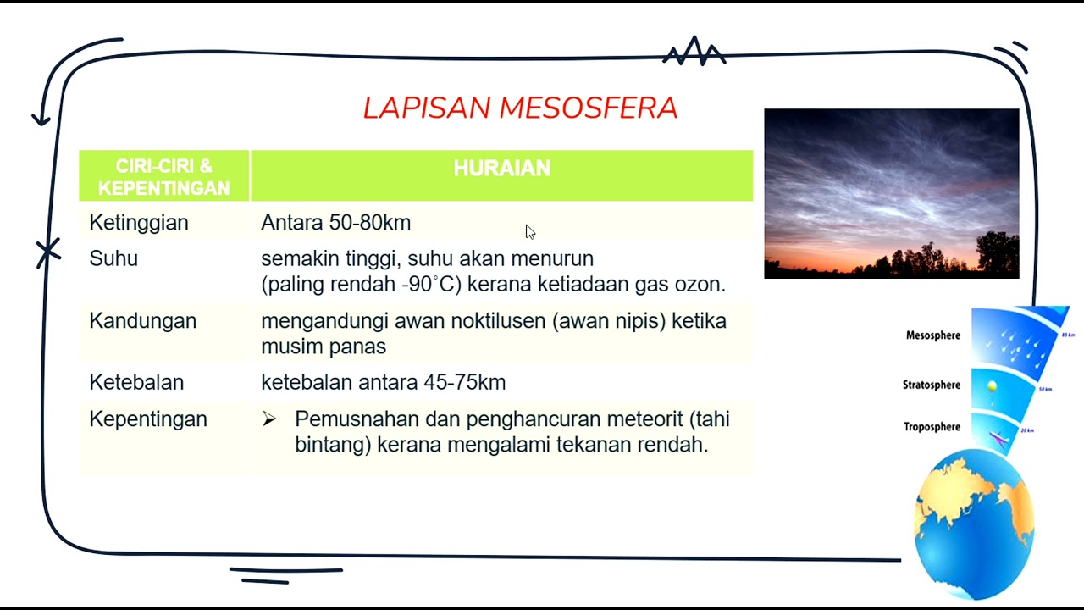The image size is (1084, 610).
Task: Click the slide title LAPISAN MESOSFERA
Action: pyautogui.click(x=520, y=108)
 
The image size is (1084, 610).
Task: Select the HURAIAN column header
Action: pyautogui.click(x=501, y=169)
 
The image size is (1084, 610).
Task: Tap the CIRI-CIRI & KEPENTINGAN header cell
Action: pyautogui.click(x=164, y=177)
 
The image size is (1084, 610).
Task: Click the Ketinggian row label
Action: pyautogui.click(x=139, y=223)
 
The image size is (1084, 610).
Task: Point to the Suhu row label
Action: pyautogui.click(x=113, y=258)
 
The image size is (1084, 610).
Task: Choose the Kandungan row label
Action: pyautogui.click(x=142, y=321)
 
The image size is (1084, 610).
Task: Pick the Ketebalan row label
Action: pyautogui.click(x=136, y=382)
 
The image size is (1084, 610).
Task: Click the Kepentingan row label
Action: pyautogui.click(x=148, y=419)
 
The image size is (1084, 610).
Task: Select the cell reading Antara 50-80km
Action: pyautogui.click(x=335, y=223)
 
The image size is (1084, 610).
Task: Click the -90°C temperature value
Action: pyautogui.click(x=431, y=285)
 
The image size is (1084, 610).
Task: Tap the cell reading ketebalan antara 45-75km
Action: pyautogui.click(x=383, y=382)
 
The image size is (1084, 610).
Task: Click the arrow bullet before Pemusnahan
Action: pyautogui.click(x=269, y=419)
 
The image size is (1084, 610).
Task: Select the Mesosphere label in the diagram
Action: pyautogui.click(x=932, y=335)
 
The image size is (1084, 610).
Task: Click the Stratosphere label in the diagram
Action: pyautogui.click(x=931, y=385)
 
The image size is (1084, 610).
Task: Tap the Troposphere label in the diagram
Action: pyautogui.click(x=932, y=427)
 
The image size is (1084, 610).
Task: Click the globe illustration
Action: pyautogui.click(x=974, y=521)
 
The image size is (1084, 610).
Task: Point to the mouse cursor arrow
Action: pyautogui.click(x=529, y=231)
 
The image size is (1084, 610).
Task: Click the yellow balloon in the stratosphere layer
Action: pyautogui.click(x=992, y=386)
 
